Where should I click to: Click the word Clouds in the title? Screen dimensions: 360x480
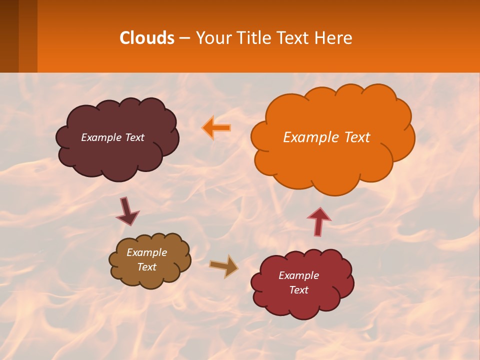point(147,38)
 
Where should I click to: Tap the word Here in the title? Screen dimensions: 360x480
point(334,38)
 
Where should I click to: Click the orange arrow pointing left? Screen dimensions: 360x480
point(216,128)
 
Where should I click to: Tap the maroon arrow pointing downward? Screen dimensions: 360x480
point(127,211)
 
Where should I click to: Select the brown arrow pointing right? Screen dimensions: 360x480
point(224,266)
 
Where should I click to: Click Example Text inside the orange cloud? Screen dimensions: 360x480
point(326,137)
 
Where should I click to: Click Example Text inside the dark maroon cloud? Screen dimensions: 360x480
point(112,137)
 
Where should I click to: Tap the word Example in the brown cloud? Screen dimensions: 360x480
point(146,252)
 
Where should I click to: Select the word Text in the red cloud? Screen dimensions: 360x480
point(298,290)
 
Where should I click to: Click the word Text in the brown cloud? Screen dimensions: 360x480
point(146,267)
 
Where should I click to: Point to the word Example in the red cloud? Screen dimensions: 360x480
point(298,275)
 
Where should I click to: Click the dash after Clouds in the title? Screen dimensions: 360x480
point(184,38)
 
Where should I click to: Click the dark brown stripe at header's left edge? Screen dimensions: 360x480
point(9,36)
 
